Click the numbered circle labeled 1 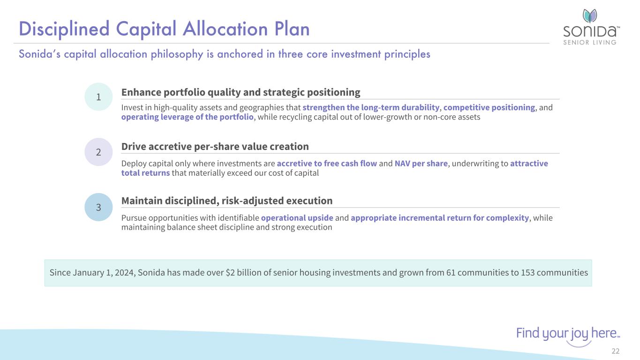(98, 97)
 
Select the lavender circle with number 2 (98, 152)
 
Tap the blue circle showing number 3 (98, 207)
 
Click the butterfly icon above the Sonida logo (590, 16)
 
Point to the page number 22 (616, 351)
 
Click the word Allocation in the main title (226, 29)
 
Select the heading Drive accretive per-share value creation (215, 147)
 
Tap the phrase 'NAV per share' (421, 164)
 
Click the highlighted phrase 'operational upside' (297, 218)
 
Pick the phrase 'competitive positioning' (489, 107)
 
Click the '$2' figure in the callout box (230, 272)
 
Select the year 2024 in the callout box (124, 272)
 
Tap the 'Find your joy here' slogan (568, 333)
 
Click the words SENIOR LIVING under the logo (590, 42)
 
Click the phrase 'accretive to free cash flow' (327, 164)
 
